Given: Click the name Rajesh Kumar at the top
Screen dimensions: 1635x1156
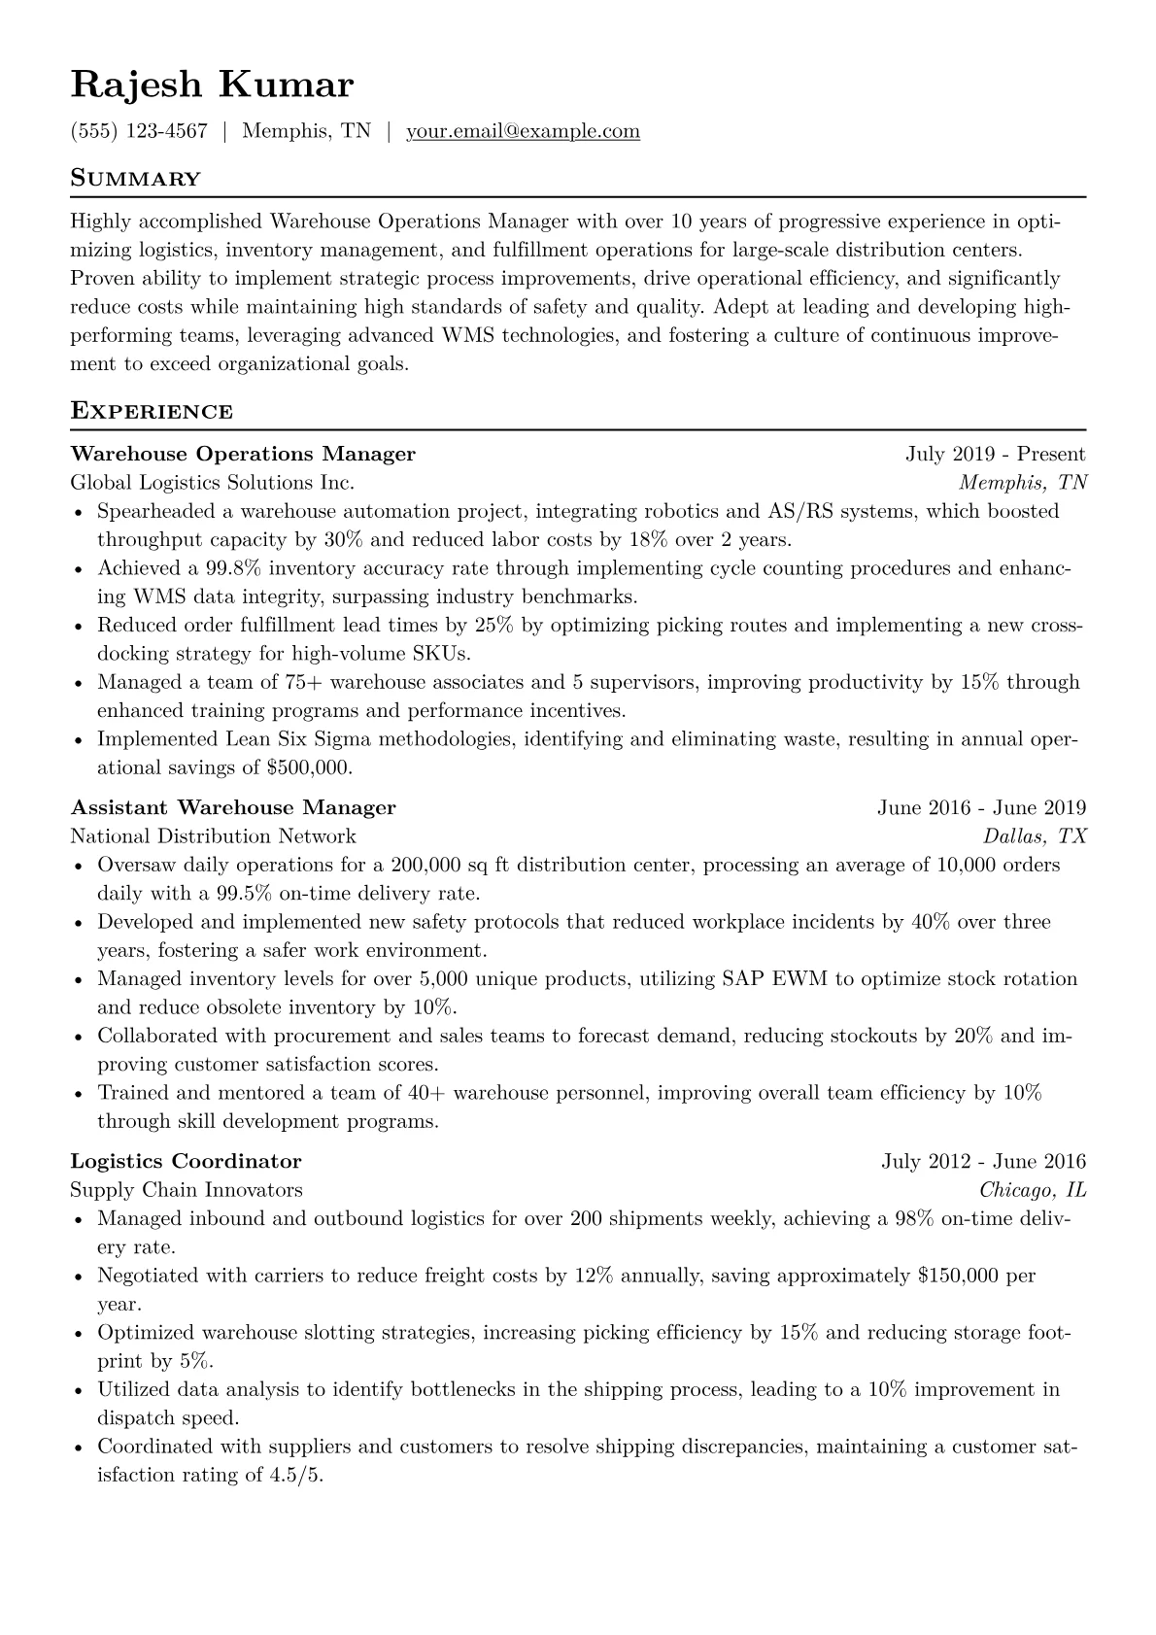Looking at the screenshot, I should (212, 85).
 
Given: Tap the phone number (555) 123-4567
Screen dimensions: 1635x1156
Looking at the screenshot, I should (139, 131).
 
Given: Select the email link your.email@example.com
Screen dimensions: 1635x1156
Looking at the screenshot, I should (523, 131).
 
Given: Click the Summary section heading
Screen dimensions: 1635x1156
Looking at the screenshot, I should (136, 179).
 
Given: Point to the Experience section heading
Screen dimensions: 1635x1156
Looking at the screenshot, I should (152, 411).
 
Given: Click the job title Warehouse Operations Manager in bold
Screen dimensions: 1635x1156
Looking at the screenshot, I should (243, 454).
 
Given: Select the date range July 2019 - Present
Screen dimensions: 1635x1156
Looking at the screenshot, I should (995, 454).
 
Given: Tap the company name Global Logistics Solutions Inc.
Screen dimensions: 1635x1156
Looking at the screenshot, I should (212, 482).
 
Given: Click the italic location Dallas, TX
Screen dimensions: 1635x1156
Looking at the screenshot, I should (1035, 835).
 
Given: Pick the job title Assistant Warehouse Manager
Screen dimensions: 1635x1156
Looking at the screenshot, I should (233, 807).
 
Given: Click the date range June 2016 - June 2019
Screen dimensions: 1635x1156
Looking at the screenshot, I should (981, 807).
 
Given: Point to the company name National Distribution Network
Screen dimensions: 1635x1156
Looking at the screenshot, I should (213, 835).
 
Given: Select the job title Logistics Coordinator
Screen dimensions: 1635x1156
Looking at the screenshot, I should (187, 1161).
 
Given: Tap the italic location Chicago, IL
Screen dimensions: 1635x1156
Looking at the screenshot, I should (1032, 1189).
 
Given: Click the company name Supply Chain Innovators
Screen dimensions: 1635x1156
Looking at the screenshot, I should (187, 1189).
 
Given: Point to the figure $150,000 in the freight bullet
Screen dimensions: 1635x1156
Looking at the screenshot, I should (958, 1275).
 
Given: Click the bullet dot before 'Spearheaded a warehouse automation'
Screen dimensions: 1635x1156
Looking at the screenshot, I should (79, 512).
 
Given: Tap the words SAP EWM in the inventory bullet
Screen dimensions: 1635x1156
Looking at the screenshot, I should (774, 978).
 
